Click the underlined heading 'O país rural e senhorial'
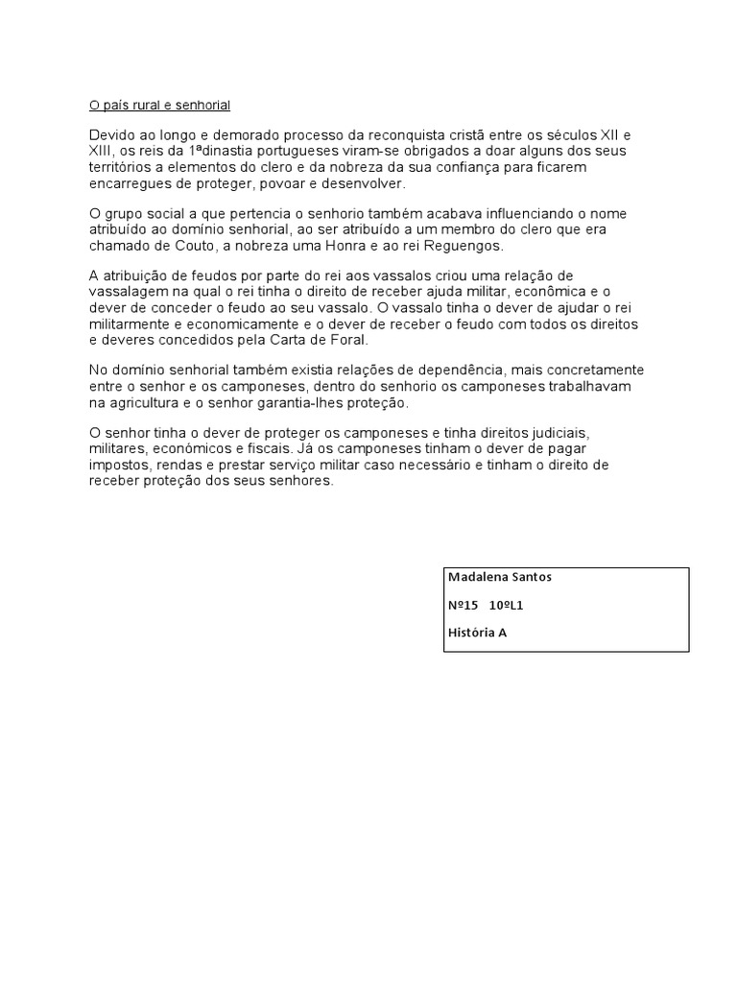pyautogui.click(x=159, y=104)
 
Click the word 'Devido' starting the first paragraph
pyautogui.click(x=112, y=135)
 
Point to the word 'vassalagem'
pyautogui.click(x=126, y=292)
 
